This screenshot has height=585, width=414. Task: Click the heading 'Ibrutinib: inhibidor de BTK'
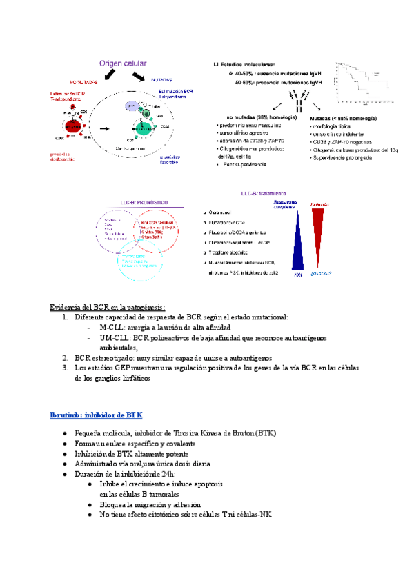coord(96,415)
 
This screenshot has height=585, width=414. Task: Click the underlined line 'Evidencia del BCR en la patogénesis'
coord(108,306)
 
